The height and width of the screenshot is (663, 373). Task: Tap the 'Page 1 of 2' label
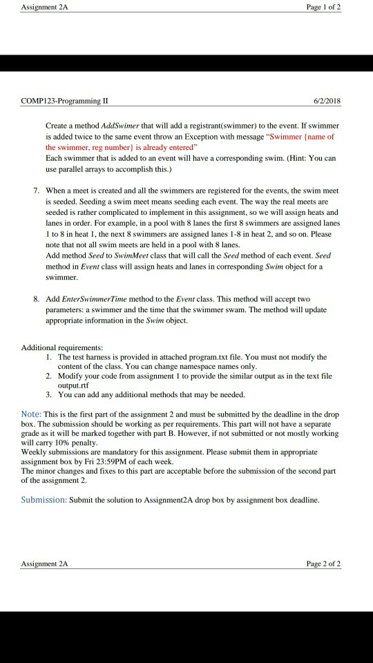coord(323,7)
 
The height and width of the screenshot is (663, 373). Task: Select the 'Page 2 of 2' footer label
coord(323,564)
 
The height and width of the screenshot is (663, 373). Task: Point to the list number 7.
coord(35,190)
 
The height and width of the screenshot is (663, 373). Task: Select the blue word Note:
coord(32,414)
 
